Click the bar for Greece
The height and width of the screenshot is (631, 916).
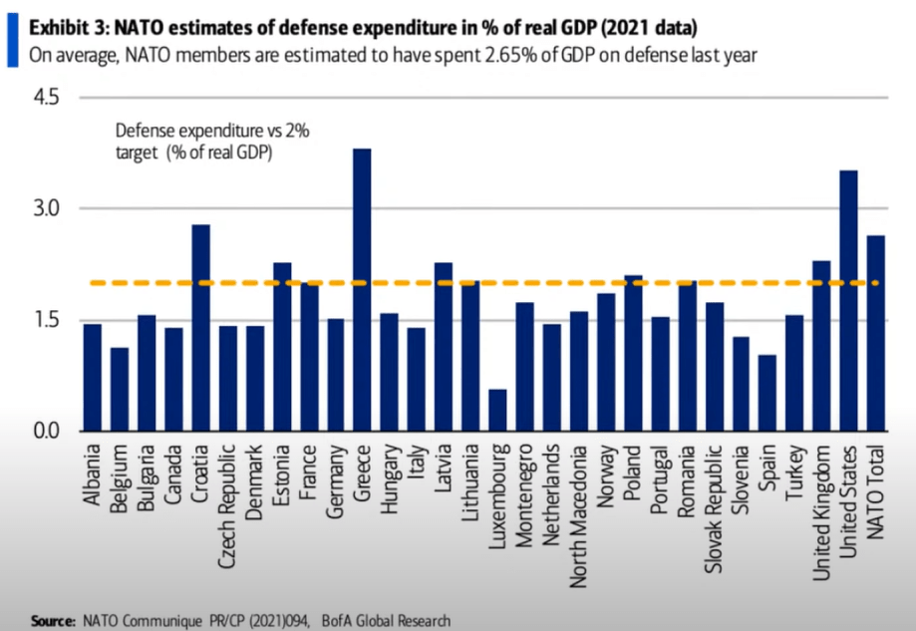point(363,289)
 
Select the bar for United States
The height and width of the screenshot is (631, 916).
point(848,300)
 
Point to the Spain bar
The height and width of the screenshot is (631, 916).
point(766,393)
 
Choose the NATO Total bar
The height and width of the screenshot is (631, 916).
point(875,333)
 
